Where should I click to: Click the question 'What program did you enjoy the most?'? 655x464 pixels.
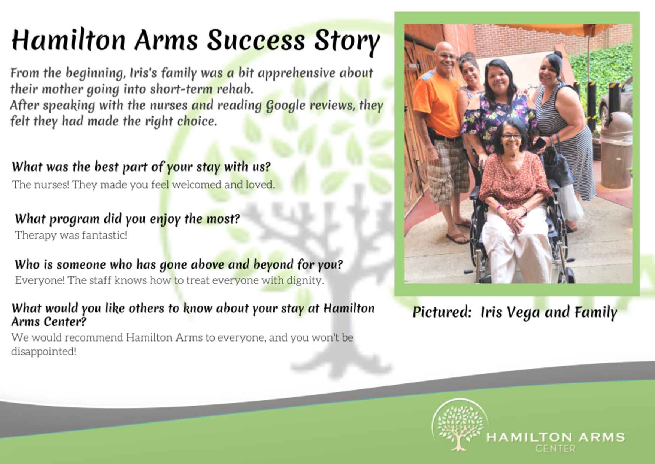pyautogui.click(x=127, y=219)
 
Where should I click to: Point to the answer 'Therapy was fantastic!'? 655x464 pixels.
pyautogui.click(x=71, y=235)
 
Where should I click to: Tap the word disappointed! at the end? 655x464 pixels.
pyautogui.click(x=44, y=352)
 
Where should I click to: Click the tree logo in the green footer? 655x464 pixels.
pyautogui.click(x=460, y=425)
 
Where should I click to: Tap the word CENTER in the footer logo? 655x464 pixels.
pyautogui.click(x=555, y=448)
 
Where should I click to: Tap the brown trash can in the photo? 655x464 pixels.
pyautogui.click(x=616, y=150)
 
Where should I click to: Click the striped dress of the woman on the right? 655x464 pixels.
pyautogui.click(x=566, y=139)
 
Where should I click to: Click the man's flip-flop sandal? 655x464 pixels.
pyautogui.click(x=457, y=238)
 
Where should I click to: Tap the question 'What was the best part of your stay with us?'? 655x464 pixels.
pyautogui.click(x=141, y=167)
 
